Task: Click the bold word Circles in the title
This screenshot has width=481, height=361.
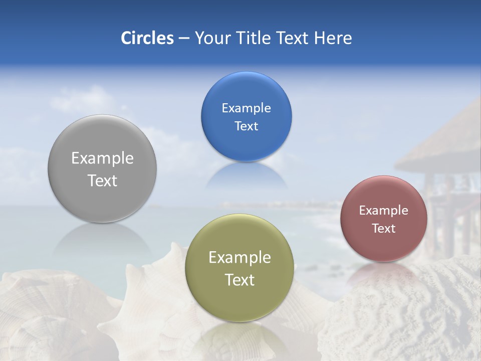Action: pyautogui.click(x=147, y=38)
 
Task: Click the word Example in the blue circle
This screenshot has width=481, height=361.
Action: pyautogui.click(x=246, y=108)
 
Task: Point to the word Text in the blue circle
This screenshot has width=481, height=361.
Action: pyautogui.click(x=246, y=126)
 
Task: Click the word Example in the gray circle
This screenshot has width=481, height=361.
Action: pyautogui.click(x=102, y=158)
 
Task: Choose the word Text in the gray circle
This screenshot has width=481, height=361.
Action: pyautogui.click(x=102, y=181)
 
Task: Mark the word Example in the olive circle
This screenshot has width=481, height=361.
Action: pyautogui.click(x=239, y=258)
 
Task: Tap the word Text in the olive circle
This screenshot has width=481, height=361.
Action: pyautogui.click(x=239, y=280)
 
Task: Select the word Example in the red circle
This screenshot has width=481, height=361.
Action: pyautogui.click(x=383, y=211)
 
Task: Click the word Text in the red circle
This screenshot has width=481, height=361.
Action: pyautogui.click(x=383, y=229)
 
